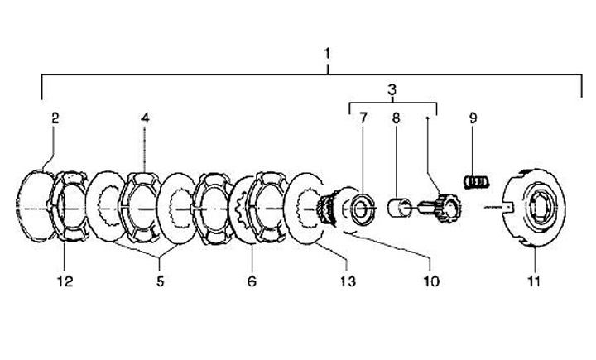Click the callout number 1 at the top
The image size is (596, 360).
click(x=327, y=54)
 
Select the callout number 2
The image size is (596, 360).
click(x=55, y=118)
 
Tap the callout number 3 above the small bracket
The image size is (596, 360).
click(x=392, y=90)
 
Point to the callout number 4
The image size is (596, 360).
click(x=145, y=118)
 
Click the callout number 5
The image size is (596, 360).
click(x=160, y=281)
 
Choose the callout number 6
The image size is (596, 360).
click(x=252, y=281)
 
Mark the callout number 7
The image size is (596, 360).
click(x=363, y=118)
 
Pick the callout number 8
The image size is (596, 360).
click(x=396, y=118)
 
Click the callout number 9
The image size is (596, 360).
click(x=473, y=118)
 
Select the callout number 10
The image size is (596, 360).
click(x=431, y=281)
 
